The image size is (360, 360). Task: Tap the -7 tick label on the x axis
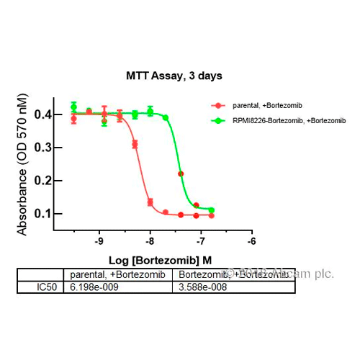coord(201,243)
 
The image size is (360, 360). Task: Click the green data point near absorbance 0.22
coord(181,174)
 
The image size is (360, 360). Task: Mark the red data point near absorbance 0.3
coord(135,145)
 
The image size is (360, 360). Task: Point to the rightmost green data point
coord(211,210)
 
